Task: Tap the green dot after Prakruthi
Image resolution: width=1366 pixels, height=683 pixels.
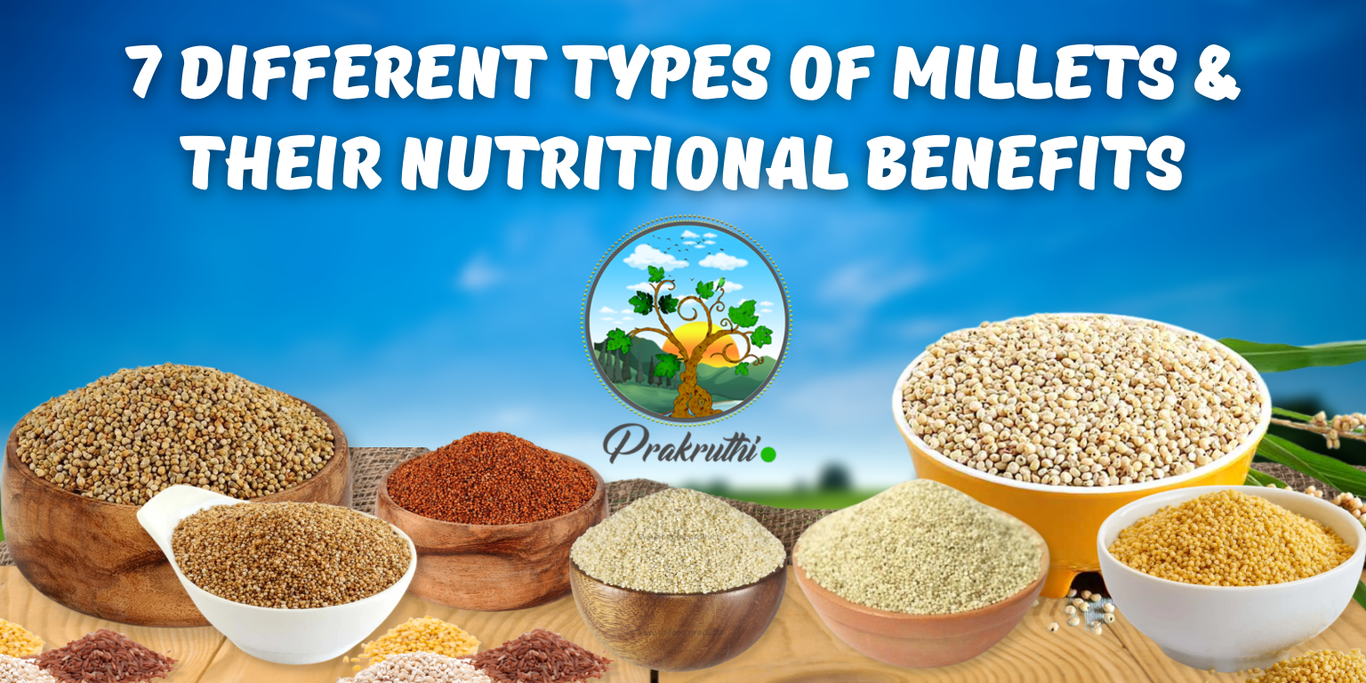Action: pyautogui.click(x=768, y=454)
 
